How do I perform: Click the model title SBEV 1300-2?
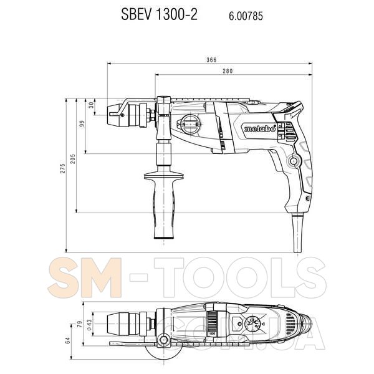tap(160, 14)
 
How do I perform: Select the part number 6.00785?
tap(246, 16)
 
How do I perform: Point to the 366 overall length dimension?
tap(211, 59)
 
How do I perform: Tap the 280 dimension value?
tap(228, 71)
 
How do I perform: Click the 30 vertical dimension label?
tap(92, 105)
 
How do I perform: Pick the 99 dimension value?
tap(82, 124)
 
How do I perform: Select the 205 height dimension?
tap(73, 159)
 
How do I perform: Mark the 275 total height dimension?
tap(62, 168)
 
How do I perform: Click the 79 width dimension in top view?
tap(80, 324)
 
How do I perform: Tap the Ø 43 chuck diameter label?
tap(89, 325)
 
